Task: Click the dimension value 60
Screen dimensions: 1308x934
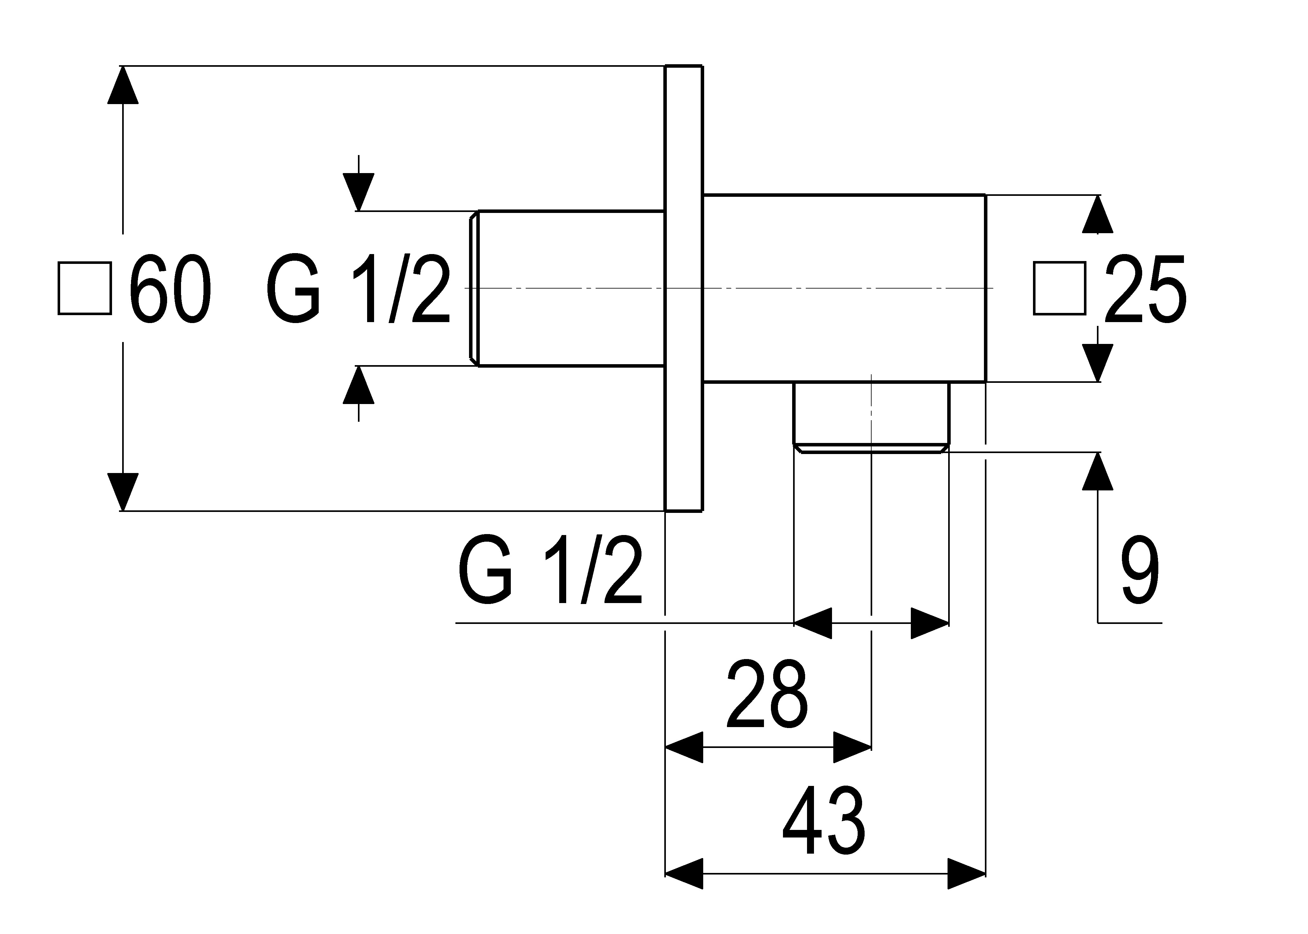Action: (x=170, y=289)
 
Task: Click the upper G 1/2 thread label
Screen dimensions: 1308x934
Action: (x=358, y=289)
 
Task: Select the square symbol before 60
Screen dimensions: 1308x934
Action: (x=84, y=289)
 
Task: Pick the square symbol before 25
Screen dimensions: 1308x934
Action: (x=1060, y=289)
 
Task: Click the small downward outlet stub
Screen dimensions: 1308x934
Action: (x=872, y=417)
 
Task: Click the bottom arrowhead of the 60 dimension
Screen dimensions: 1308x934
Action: (x=122, y=492)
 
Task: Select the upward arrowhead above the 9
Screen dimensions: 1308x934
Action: (x=1098, y=471)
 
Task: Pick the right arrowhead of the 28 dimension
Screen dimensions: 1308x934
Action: (x=853, y=747)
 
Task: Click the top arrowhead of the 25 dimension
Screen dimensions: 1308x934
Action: (x=1098, y=214)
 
